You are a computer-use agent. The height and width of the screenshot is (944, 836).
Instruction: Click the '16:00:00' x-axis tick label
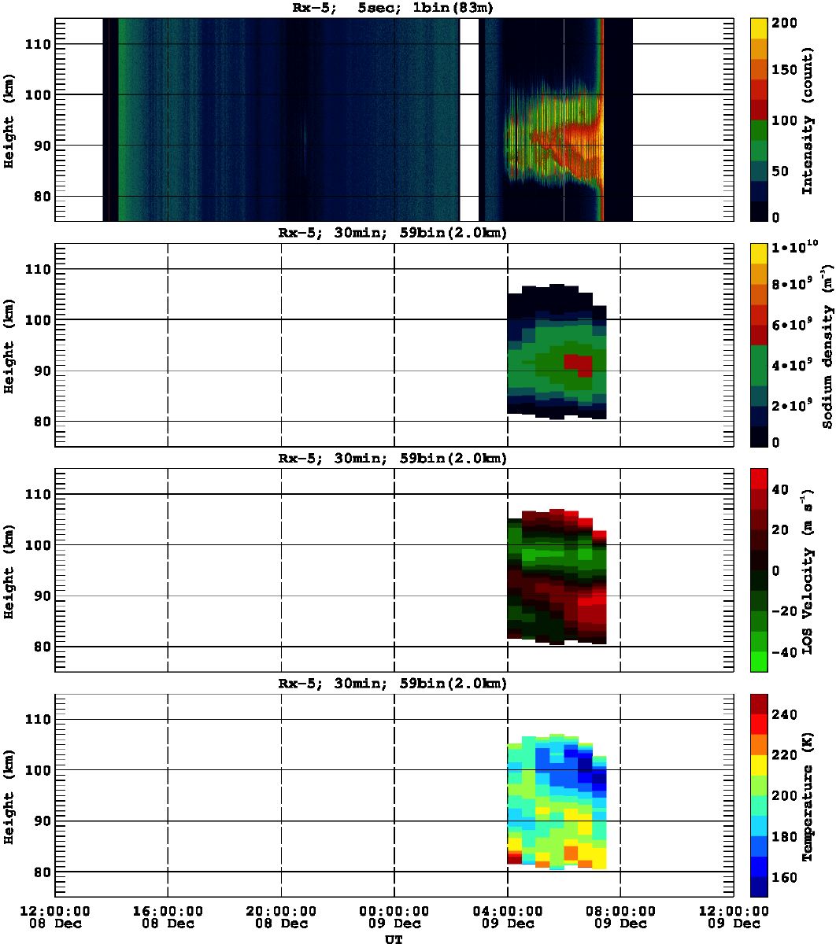pos(168,911)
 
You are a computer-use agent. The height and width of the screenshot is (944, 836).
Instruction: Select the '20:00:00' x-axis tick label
pos(281,911)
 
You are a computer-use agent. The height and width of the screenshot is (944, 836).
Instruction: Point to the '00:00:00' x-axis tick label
pos(394,911)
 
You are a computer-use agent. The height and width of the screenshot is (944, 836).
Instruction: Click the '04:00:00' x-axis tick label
pos(508,911)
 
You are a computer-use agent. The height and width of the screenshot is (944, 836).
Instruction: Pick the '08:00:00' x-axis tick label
pos(621,911)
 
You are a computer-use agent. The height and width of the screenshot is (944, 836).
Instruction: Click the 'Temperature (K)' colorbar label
pos(808,799)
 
